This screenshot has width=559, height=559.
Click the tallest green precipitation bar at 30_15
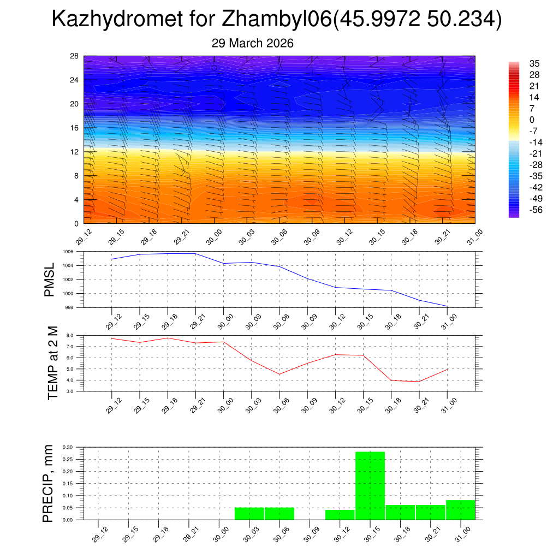click(370, 485)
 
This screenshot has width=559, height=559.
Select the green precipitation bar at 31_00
click(460, 510)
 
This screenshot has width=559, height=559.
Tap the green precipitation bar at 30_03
click(249, 514)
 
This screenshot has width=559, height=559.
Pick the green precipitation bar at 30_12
click(340, 515)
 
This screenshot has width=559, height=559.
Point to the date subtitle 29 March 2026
click(252, 43)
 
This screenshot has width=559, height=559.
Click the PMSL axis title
click(50, 279)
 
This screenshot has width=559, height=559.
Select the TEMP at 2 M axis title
click(53, 362)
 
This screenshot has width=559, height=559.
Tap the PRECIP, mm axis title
click(49, 483)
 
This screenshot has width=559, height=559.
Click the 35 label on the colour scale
click(534, 63)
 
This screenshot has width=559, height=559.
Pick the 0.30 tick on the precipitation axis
click(68, 447)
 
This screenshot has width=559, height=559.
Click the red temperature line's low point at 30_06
click(279, 374)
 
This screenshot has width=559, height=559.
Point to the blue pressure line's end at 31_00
click(447, 306)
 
